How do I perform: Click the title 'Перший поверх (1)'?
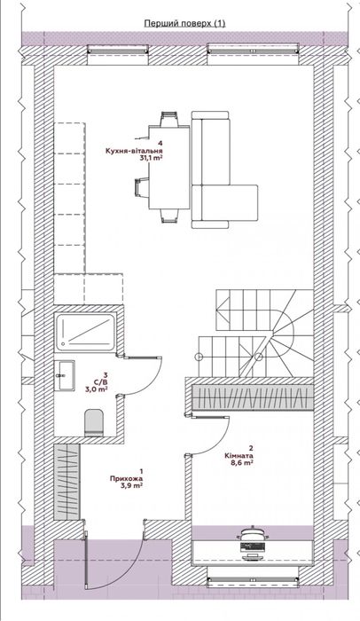(x=184, y=23)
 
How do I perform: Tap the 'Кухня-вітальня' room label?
(x=134, y=151)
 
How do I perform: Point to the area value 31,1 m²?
(x=152, y=158)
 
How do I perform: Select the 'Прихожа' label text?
(x=126, y=478)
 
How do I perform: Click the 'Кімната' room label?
(x=239, y=455)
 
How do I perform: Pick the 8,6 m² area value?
(x=241, y=462)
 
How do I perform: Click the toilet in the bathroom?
(x=94, y=423)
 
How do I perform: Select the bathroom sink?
(x=64, y=375)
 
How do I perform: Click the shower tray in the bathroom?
(x=86, y=332)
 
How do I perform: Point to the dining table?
(x=169, y=167)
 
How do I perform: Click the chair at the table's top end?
(x=169, y=119)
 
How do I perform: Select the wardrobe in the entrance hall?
(x=67, y=482)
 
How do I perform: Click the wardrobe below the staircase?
(x=253, y=397)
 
